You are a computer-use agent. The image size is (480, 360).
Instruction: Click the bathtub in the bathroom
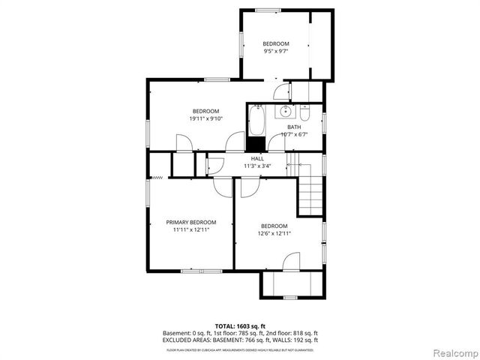point(256,121)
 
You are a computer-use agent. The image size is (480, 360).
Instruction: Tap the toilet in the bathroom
point(305,113)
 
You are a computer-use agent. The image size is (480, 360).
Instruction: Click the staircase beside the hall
point(310,193)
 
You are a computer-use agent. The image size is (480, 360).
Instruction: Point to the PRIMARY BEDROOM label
point(191,223)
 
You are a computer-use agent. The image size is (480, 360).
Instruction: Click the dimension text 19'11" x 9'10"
point(205,118)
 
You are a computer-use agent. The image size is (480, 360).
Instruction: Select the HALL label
point(257,159)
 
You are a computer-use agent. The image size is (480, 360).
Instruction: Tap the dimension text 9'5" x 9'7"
point(275,52)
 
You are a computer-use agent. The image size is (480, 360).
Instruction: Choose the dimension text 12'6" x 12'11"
point(274,233)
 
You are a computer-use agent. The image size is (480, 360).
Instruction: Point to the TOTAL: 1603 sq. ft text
point(240,326)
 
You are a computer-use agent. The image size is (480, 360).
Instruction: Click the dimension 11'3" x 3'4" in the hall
point(257,166)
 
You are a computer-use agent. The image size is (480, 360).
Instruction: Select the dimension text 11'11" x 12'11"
point(190,230)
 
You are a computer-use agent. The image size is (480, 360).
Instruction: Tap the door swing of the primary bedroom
point(223,187)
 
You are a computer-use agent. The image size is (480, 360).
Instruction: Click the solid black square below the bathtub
point(256,145)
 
